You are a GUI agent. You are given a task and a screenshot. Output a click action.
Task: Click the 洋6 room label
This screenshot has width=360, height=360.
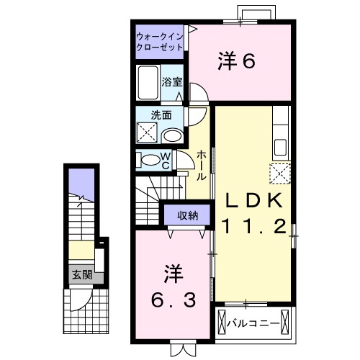tap(237, 62)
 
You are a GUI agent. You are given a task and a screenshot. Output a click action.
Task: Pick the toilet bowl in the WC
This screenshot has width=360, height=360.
tap(148, 160)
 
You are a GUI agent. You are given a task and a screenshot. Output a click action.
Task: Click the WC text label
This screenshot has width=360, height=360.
tap(165, 159)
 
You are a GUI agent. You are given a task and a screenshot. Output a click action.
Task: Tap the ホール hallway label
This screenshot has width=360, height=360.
tap(202, 166)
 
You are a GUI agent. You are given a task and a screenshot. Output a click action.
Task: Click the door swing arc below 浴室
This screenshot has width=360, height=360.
tap(197, 94)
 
